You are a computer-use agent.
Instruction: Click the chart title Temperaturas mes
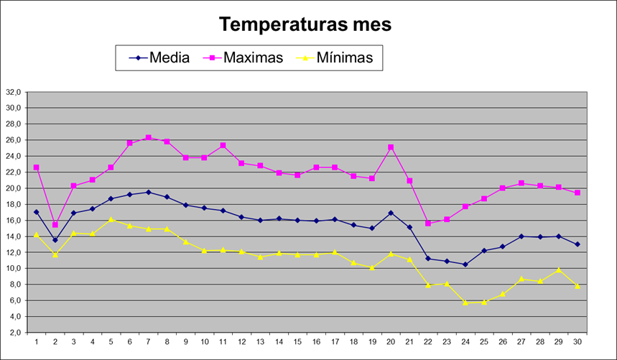coord(305,24)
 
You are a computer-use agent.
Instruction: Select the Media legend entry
coord(169,57)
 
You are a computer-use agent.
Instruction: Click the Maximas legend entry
coord(254,57)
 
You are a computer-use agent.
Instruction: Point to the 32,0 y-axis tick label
coord(14,92)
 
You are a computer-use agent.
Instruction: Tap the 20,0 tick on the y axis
coord(14,188)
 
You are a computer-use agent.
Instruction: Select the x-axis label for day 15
coord(297,342)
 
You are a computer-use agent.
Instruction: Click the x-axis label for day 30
coord(577,342)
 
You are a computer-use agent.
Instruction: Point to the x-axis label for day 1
coord(37,342)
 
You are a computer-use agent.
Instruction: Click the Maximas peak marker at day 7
coord(148,137)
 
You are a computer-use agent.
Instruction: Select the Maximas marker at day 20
coord(391,147)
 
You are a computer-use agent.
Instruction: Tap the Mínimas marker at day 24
coord(465,303)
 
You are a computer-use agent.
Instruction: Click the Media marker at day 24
coord(465,264)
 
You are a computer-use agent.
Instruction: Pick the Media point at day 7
coord(148,192)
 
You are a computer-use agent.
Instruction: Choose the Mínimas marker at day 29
coord(559,270)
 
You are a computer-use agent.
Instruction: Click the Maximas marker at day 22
coord(428,223)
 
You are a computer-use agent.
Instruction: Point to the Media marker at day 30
coord(577,244)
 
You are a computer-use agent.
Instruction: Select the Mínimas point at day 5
coord(111,219)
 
